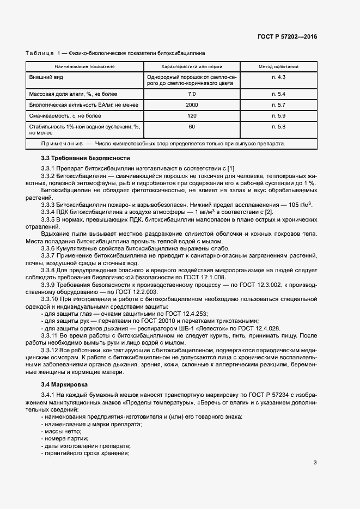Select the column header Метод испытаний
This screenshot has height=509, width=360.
[278, 66]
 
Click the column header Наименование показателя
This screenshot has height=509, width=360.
[84, 66]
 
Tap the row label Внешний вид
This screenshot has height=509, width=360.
[45, 77]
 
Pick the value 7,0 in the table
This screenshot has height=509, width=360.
[191, 94]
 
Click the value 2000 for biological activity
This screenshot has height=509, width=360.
[191, 105]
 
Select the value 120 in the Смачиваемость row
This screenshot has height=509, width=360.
[191, 115]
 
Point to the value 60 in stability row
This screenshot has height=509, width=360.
[191, 126]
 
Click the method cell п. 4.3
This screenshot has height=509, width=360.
[278, 77]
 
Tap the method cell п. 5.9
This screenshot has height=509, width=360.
[278, 115]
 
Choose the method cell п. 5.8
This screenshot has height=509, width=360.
[278, 126]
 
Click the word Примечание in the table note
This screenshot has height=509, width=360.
[58, 144]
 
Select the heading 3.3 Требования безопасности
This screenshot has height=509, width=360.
[77, 158]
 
